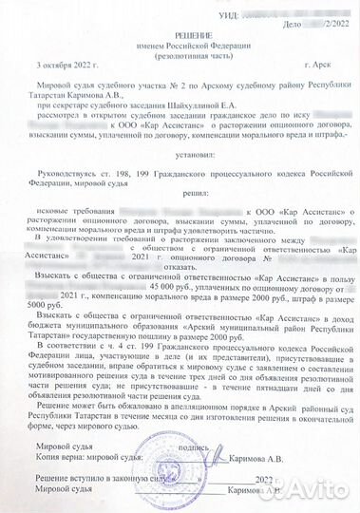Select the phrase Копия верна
point(60,455)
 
